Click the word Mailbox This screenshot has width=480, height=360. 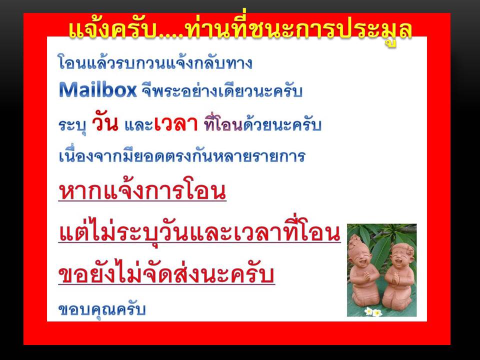(x=97, y=90)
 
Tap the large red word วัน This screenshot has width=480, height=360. (x=105, y=123)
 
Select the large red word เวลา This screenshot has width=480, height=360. (x=176, y=124)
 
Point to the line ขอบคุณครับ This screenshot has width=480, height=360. (x=102, y=310)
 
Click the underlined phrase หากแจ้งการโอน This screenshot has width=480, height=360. (x=142, y=191)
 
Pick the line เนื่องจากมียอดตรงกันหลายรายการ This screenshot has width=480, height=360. (x=182, y=155)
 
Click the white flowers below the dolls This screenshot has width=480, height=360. (x=373, y=311)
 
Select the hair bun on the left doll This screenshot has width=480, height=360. (x=356, y=239)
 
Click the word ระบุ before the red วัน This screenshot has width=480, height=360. (x=72, y=125)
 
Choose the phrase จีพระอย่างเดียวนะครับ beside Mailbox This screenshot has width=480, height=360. (x=222, y=90)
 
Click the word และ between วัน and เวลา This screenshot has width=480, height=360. (x=138, y=125)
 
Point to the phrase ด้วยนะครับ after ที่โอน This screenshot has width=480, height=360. (x=282, y=124)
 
